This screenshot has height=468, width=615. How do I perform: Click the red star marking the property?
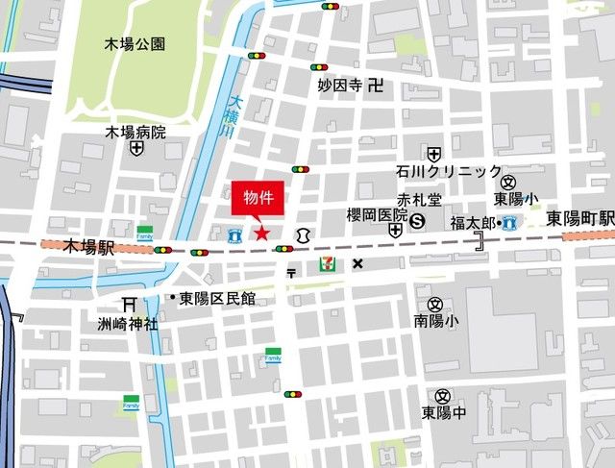(x=259, y=232)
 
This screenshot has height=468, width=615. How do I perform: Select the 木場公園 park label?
(x=135, y=44)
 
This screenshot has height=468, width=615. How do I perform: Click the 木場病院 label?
(x=135, y=132)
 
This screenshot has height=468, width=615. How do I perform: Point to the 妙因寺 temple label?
(x=339, y=86)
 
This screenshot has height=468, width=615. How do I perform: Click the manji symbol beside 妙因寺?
(x=376, y=86)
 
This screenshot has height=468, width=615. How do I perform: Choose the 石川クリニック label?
(x=448, y=172)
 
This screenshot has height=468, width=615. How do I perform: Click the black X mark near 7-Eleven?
(x=358, y=263)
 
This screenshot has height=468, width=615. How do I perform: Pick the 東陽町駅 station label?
(x=580, y=219)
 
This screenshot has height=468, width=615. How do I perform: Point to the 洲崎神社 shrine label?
(x=127, y=324)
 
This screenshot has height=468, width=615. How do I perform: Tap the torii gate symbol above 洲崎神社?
(x=128, y=305)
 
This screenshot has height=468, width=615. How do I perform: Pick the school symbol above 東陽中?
(x=442, y=396)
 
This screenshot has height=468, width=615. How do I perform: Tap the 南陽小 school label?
(x=437, y=320)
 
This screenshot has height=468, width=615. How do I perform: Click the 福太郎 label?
(x=472, y=223)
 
